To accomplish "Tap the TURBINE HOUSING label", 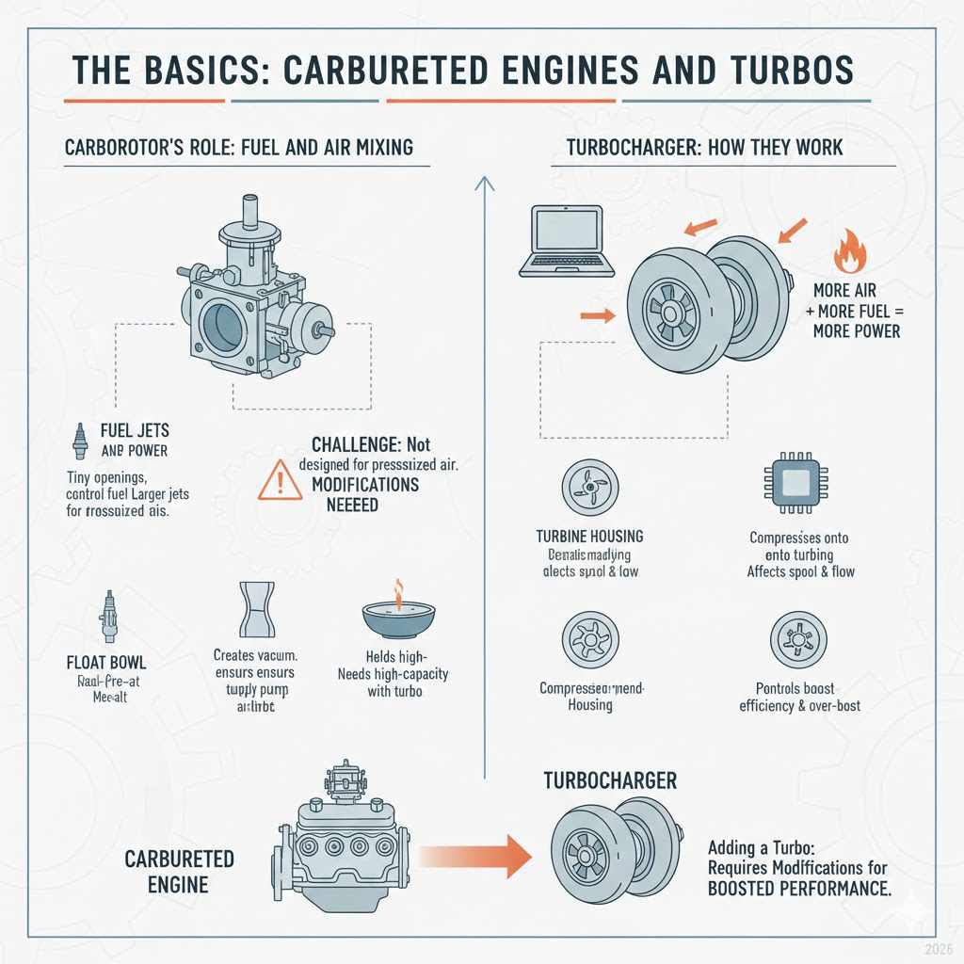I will pos(588,536).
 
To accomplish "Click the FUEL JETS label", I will pos(135,430).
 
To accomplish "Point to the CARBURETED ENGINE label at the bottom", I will pos(179,872).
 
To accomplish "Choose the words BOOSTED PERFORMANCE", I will pos(798,888).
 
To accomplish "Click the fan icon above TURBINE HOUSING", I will pos(588,485).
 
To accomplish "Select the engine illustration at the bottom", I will pos(344,843).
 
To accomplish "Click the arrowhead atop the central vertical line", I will pos(484,185).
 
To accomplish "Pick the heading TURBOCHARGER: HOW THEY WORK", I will pos(705,148).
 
